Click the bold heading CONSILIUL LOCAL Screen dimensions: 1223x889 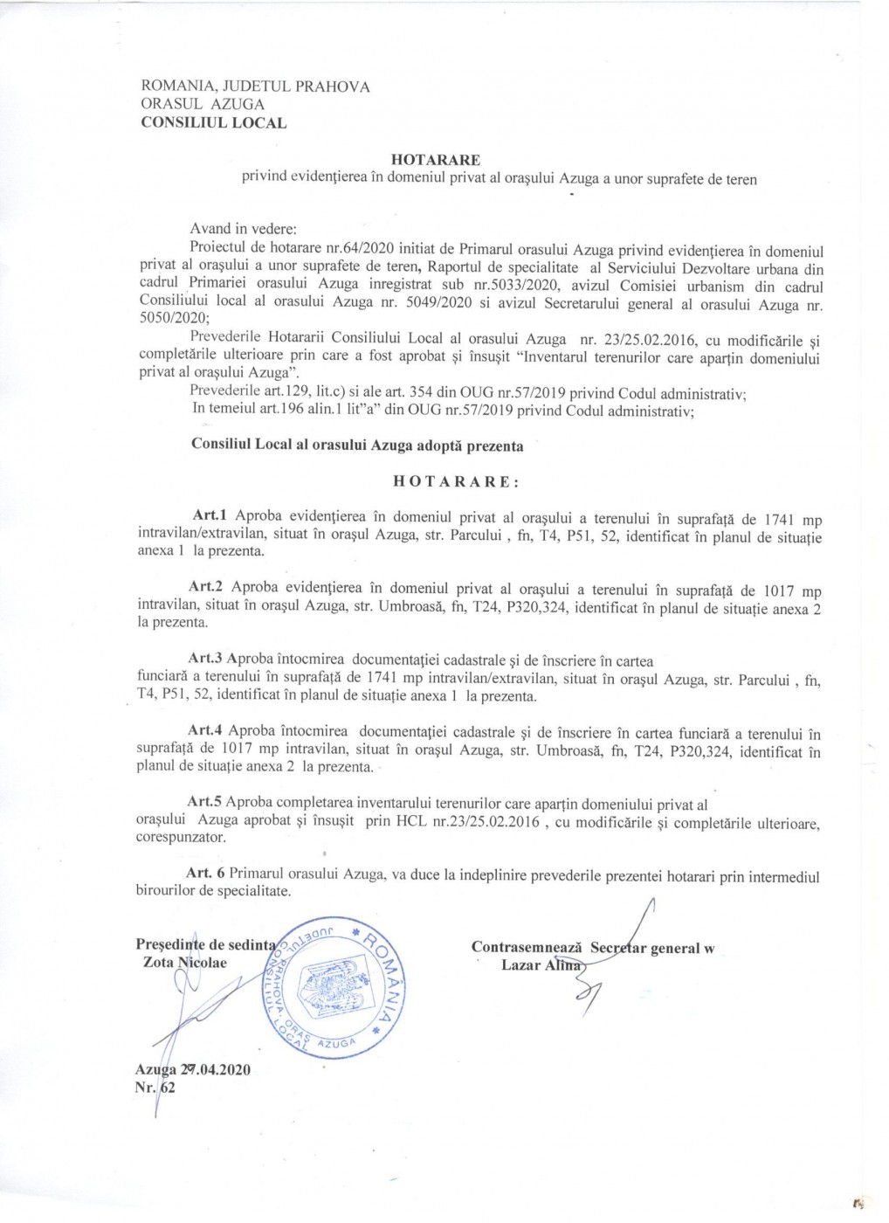pos(213,123)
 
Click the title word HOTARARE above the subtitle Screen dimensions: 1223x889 pos(435,160)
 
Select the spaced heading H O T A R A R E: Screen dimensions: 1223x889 pos(456,481)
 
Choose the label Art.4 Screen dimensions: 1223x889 pos(205,729)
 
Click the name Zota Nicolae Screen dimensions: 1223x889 pos(184,963)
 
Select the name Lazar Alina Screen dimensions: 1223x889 pos(541,965)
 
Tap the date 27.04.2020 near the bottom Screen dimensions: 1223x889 pos(215,1070)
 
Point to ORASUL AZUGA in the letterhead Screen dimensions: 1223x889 pos(203,105)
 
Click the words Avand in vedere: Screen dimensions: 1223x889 pos(243,229)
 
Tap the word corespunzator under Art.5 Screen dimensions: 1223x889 pos(181,837)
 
